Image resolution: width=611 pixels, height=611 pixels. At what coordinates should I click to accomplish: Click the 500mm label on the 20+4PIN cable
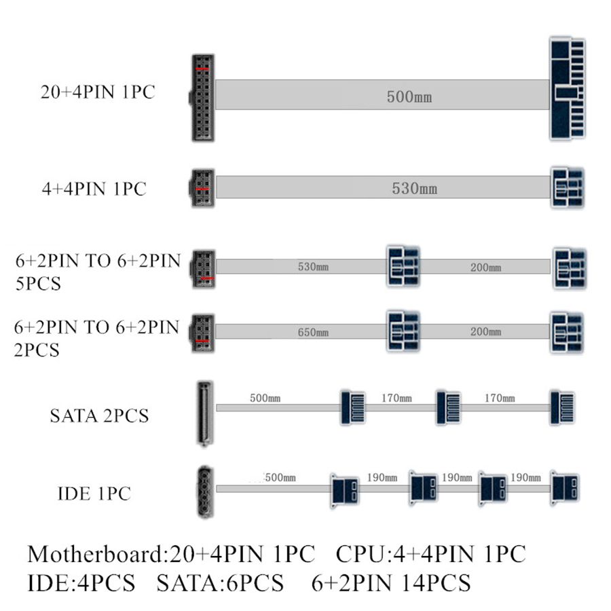pos(409,98)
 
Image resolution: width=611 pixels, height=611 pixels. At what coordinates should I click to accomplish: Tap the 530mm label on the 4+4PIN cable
pos(414,188)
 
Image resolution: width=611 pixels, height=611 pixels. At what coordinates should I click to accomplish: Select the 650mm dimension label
pos(313,333)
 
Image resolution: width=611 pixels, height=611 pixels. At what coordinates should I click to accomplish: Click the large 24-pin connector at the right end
pos(567,89)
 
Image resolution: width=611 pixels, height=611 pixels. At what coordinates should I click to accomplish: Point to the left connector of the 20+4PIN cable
pos(201,98)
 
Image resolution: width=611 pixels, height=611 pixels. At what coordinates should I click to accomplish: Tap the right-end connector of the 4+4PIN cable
pos(567,187)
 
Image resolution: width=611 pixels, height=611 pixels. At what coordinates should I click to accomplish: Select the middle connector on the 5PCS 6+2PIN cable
pos(403,265)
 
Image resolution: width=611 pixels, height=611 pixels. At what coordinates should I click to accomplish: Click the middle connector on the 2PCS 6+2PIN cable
pos(403,332)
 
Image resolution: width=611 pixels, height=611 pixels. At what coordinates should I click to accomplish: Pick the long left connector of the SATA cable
pos(204,413)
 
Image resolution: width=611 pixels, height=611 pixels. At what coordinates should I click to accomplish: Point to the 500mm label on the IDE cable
pos(280,477)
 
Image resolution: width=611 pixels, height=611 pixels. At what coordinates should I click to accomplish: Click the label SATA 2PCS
pos(99,415)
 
